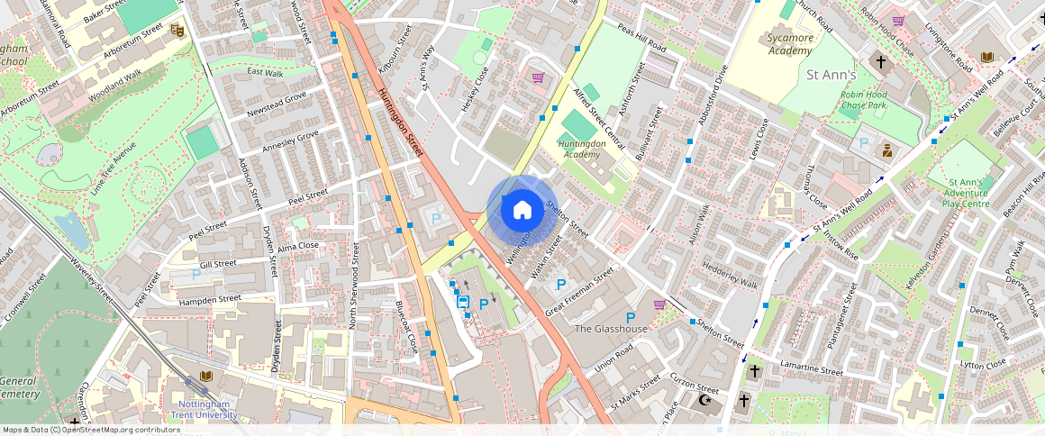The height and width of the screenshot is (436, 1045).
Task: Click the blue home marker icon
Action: click(x=522, y=210)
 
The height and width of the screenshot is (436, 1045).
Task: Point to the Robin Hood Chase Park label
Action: click(x=863, y=99)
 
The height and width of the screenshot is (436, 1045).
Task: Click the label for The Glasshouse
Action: click(x=611, y=329)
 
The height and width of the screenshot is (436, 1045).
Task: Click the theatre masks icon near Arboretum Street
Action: click(x=177, y=31)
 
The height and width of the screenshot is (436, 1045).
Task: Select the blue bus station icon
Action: click(x=463, y=302)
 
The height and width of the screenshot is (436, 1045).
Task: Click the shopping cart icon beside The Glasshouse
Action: click(x=659, y=304)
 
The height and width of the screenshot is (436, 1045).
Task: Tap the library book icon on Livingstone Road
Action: click(x=987, y=58)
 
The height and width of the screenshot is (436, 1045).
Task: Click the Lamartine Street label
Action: click(x=811, y=370)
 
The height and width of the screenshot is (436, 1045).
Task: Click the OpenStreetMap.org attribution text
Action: click(x=90, y=430)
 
